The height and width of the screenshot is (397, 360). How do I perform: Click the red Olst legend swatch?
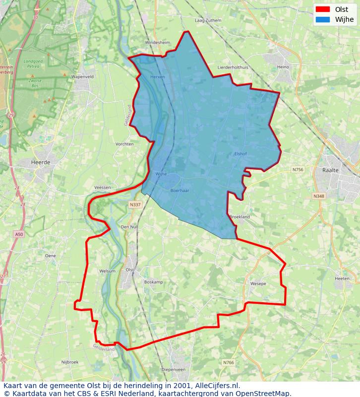click(322, 9)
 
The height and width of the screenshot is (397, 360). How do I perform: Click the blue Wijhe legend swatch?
click(322, 20)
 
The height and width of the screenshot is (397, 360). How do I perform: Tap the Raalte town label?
click(331, 170)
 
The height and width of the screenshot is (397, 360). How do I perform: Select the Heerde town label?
click(41, 162)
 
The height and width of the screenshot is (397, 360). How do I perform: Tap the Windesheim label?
click(158, 43)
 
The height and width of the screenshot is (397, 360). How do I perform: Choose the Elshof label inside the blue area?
click(240, 154)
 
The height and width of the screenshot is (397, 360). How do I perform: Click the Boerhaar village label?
click(180, 191)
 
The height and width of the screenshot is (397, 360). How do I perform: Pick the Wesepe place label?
click(258, 284)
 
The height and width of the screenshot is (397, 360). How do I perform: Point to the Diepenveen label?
click(174, 370)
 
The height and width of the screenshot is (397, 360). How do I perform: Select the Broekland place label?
click(240, 217)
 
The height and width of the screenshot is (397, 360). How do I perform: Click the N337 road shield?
click(134, 204)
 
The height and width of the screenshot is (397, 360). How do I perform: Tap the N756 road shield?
click(298, 170)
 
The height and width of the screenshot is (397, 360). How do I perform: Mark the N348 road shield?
click(318, 197)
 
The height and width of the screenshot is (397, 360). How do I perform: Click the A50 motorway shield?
click(19, 234)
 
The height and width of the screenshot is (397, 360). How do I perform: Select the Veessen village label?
click(102, 188)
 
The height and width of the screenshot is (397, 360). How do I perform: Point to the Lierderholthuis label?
click(233, 67)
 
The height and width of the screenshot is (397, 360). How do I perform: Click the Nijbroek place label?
click(70, 362)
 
